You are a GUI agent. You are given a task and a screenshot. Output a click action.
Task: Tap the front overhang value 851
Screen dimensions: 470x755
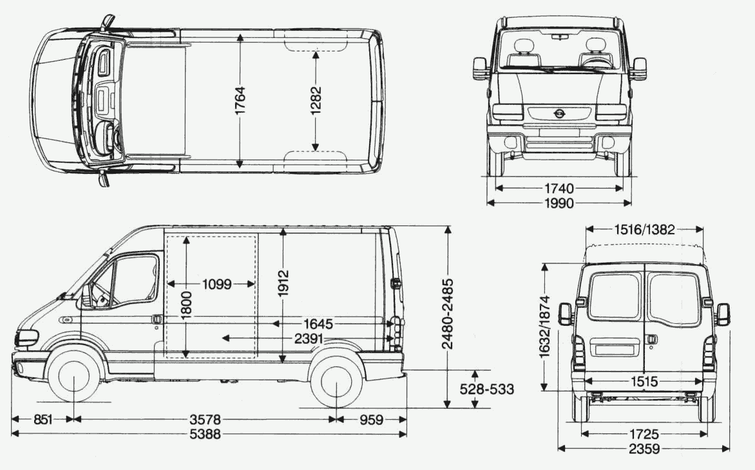pyautogui.click(x=43, y=420)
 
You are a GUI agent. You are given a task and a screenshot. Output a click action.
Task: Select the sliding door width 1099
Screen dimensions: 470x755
pyautogui.click(x=216, y=284)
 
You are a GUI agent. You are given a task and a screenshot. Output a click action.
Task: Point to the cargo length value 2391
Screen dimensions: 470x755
pyautogui.click(x=311, y=337)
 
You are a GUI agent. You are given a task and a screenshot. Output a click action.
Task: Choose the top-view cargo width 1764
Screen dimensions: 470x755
pyautogui.click(x=240, y=100)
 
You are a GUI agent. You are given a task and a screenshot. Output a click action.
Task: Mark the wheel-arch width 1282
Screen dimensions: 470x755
pyautogui.click(x=316, y=100)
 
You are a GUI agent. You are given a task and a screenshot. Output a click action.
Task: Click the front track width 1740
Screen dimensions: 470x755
pyautogui.click(x=559, y=188)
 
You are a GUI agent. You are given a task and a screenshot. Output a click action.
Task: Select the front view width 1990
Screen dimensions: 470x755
pyautogui.click(x=559, y=203)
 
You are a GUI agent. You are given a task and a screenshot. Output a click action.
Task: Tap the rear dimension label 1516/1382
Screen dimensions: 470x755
pyautogui.click(x=644, y=230)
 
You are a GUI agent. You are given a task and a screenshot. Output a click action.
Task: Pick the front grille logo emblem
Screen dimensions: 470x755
pyautogui.click(x=559, y=114)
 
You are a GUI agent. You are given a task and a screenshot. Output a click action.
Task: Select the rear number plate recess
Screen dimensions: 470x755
pyautogui.click(x=618, y=350)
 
